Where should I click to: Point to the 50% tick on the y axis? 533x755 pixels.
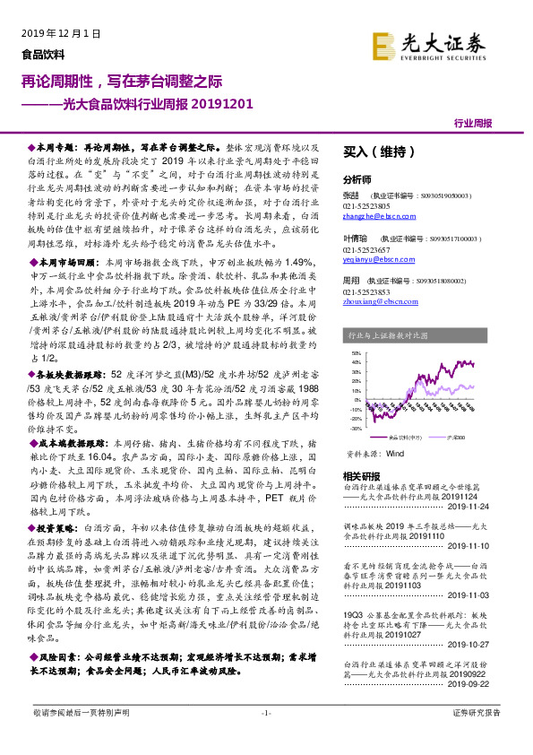tap(356, 352)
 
